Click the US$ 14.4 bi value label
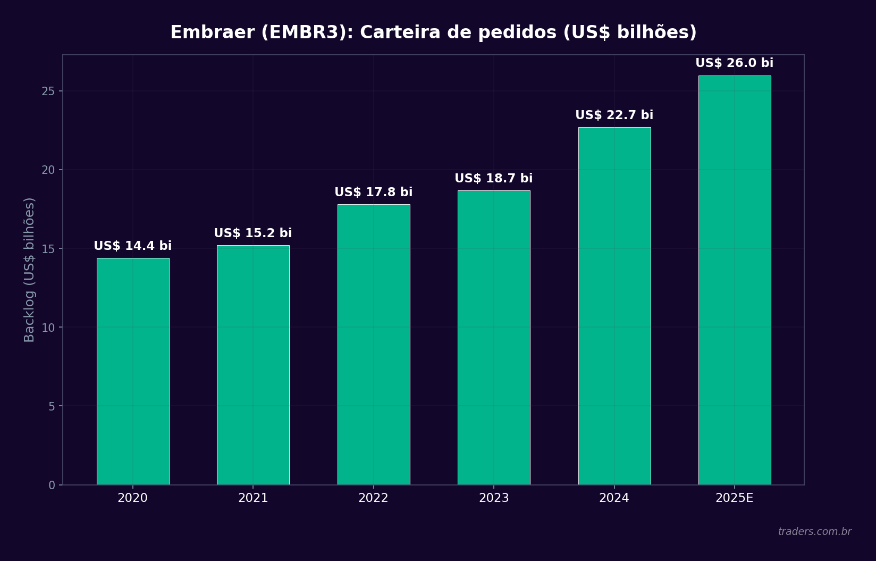[x=133, y=246]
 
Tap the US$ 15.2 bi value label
[x=253, y=233]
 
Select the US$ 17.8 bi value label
[x=374, y=192]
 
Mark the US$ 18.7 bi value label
[x=494, y=179]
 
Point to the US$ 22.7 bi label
[x=614, y=115]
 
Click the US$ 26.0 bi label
[x=735, y=63]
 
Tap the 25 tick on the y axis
[x=48, y=91]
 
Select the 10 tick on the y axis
[x=48, y=328]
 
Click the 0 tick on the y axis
[x=52, y=485]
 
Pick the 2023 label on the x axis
[x=494, y=498]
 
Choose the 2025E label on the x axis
[x=735, y=498]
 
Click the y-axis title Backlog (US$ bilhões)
[x=30, y=270]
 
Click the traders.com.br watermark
[x=814, y=532]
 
